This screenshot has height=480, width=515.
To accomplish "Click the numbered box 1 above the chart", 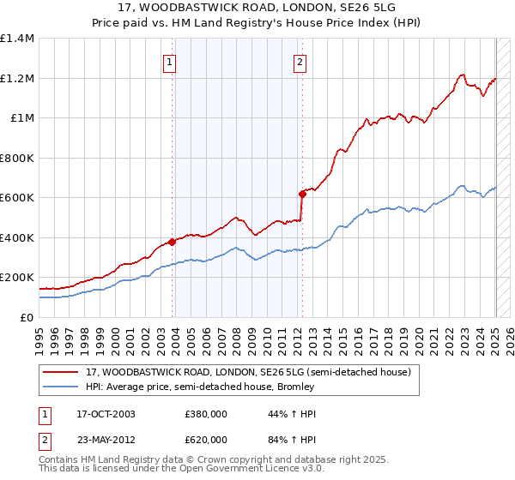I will click(x=170, y=62).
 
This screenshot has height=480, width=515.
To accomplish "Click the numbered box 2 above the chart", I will click(x=300, y=62).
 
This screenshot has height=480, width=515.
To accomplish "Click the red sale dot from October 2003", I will click(x=173, y=242).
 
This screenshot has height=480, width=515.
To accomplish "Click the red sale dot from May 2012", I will click(x=302, y=194).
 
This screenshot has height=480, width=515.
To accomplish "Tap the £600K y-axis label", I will click(x=17, y=198).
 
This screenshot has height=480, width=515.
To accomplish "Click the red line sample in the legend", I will click(x=61, y=372).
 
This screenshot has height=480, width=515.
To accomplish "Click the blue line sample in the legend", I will click(x=61, y=387).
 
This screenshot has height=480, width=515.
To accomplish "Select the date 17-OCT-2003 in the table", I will click(x=106, y=414).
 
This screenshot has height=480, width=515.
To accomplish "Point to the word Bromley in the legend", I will click(x=294, y=387).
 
